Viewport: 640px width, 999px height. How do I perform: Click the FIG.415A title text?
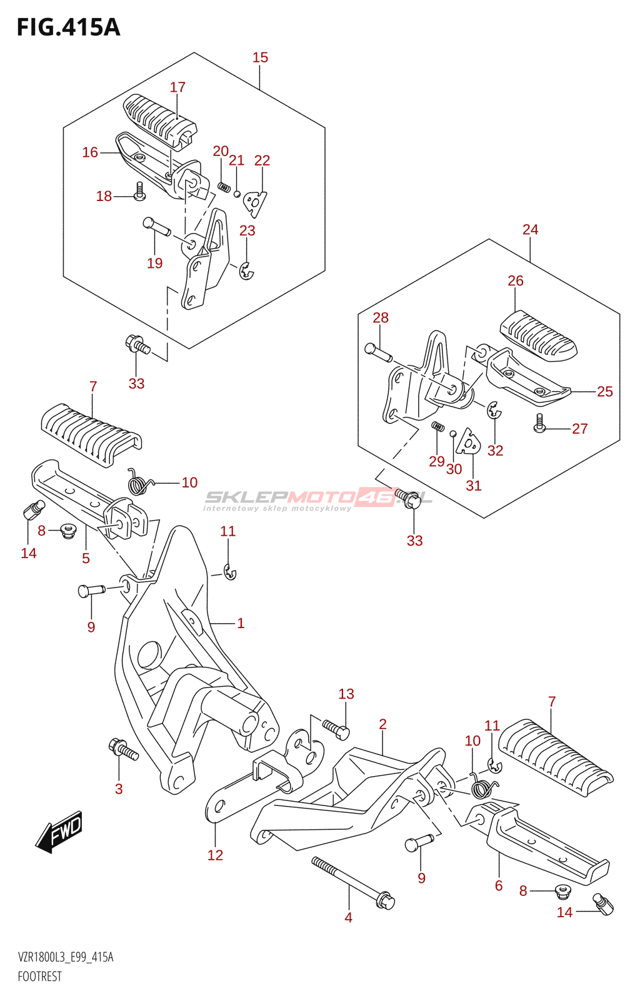[x=68, y=27]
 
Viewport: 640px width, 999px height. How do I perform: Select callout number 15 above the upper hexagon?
[x=260, y=57]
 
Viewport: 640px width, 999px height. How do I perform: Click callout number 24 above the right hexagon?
[x=530, y=229]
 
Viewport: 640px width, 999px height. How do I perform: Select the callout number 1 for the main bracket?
[x=241, y=623]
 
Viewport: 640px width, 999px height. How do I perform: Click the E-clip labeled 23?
[x=246, y=271]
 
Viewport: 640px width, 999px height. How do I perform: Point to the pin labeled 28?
[x=378, y=352]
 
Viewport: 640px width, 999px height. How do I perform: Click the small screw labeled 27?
[x=539, y=425]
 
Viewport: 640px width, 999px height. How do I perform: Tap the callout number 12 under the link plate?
[x=215, y=855]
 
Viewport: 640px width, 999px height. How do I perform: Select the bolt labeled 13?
[x=337, y=729]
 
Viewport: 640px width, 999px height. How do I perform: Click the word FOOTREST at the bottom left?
[x=40, y=977]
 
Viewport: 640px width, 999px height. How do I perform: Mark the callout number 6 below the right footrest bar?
[x=499, y=885]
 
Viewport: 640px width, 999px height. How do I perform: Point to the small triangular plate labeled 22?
[x=255, y=202]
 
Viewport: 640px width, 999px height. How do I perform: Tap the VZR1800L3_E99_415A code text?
[x=66, y=957]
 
